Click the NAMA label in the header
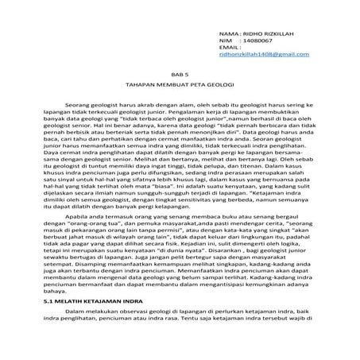(x=226, y=35)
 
